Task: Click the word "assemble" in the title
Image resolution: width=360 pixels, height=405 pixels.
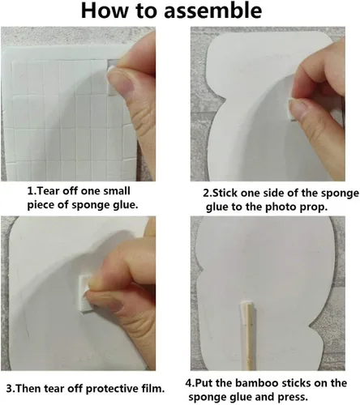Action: (x=212, y=11)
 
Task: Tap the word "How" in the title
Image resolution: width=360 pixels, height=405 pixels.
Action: (x=105, y=11)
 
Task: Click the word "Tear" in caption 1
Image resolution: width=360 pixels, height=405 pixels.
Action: (x=48, y=191)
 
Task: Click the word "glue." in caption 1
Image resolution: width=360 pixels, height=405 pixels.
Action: (x=125, y=205)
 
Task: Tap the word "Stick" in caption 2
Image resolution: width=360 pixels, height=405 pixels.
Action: (x=224, y=194)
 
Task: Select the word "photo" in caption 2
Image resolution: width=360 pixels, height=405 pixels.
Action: (x=280, y=207)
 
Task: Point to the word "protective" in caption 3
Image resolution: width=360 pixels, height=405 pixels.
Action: (x=112, y=389)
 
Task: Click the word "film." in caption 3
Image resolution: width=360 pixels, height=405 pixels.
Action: (x=153, y=389)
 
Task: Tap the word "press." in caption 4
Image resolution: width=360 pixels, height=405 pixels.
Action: (x=293, y=398)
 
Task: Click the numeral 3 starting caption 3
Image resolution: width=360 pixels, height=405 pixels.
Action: (x=9, y=389)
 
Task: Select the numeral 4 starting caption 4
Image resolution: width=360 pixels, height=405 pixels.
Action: (x=188, y=384)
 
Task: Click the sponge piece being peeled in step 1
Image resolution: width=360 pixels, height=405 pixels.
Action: (x=112, y=79)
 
